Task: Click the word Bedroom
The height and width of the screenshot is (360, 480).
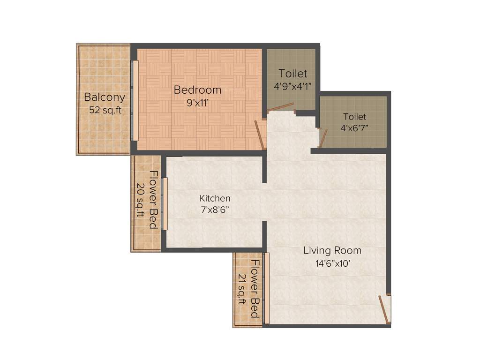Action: [197, 90]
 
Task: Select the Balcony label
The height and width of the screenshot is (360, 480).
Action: [105, 97]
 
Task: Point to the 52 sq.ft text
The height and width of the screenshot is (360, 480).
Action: [105, 111]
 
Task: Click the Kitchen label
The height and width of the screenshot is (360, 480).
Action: [215, 198]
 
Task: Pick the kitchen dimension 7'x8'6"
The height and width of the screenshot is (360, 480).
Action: [215, 210]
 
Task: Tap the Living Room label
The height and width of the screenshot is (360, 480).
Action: [332, 250]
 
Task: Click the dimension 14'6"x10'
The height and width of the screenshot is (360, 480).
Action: [332, 263]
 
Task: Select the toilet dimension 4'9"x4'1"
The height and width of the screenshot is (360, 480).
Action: [293, 86]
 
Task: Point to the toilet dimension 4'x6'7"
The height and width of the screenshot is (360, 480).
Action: [354, 128]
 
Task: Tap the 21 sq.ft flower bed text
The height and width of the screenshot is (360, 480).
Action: [242, 289]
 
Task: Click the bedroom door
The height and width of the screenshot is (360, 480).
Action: [260, 135]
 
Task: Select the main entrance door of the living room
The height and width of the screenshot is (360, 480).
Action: [384, 309]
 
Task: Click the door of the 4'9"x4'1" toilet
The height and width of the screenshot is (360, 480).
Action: [281, 107]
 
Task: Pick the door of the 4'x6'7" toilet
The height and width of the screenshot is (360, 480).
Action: [323, 137]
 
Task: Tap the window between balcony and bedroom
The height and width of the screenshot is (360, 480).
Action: [135, 100]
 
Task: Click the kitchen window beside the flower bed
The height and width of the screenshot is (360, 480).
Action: [164, 204]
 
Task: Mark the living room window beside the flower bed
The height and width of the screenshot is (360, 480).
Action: [267, 288]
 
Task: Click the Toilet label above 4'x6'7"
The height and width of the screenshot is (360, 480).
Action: [354, 117]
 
